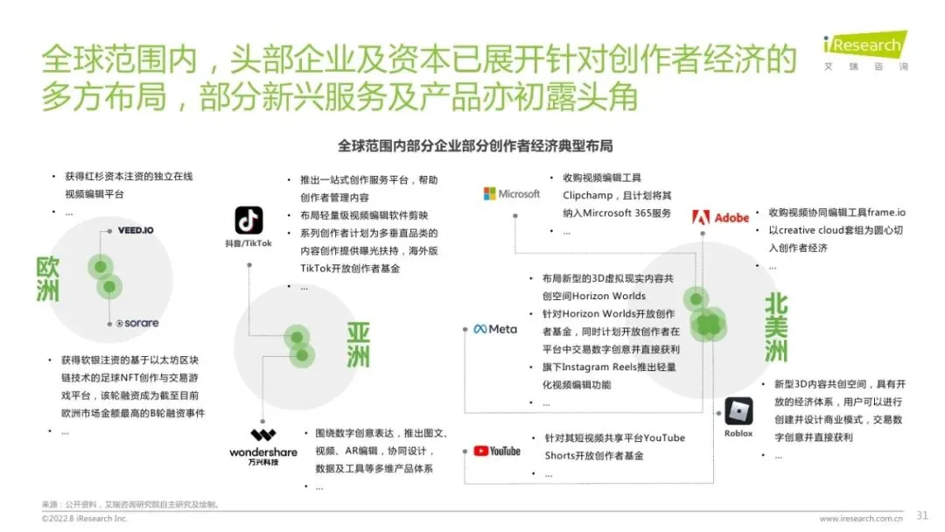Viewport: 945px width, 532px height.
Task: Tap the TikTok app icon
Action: click(x=248, y=220)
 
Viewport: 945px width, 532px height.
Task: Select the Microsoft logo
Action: click(x=512, y=193)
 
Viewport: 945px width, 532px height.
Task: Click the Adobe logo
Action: click(x=720, y=217)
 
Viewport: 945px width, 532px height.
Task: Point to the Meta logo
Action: click(x=495, y=329)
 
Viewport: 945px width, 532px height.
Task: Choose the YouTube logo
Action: click(x=497, y=451)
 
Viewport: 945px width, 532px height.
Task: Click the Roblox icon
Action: click(x=738, y=411)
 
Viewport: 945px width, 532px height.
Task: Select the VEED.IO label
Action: click(x=136, y=231)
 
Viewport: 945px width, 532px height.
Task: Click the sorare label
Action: click(x=137, y=323)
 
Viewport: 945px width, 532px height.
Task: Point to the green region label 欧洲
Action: click(x=48, y=278)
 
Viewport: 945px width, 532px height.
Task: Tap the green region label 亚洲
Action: click(x=358, y=345)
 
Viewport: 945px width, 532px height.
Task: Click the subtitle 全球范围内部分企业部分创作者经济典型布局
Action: click(x=475, y=145)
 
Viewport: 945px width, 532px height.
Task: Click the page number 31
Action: click(x=921, y=514)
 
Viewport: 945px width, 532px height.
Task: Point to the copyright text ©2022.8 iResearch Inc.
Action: click(x=85, y=519)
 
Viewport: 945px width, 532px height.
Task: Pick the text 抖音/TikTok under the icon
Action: click(x=248, y=242)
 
